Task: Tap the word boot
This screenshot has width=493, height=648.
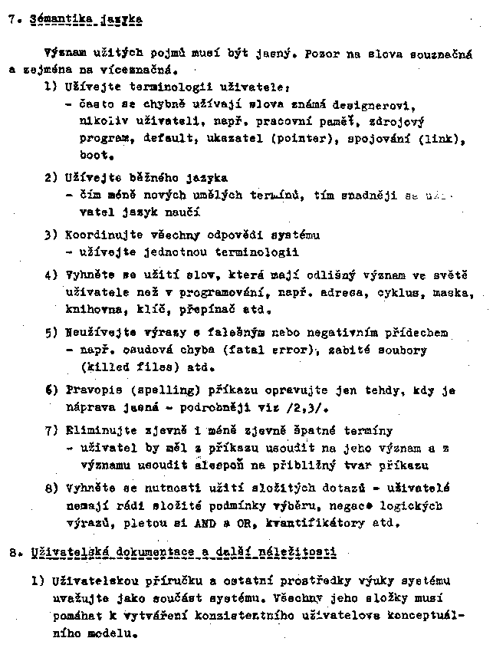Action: (93, 156)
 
